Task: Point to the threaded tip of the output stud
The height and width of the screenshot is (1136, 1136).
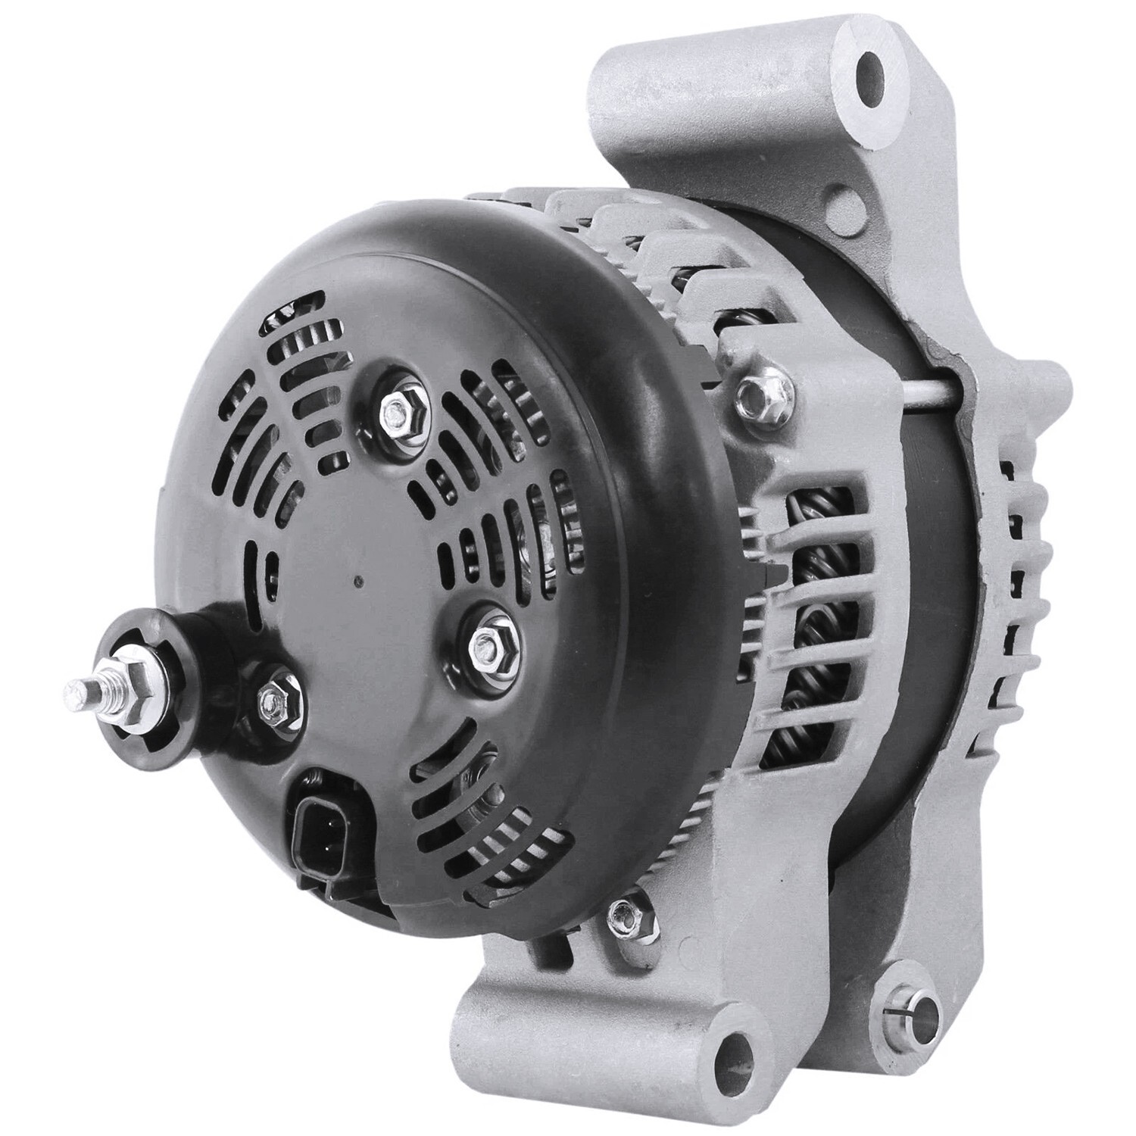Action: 74,690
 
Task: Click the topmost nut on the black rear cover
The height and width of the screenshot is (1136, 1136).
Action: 395,412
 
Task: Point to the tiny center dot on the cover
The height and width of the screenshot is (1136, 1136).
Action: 358,582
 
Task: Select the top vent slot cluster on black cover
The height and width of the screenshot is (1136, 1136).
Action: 303,356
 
